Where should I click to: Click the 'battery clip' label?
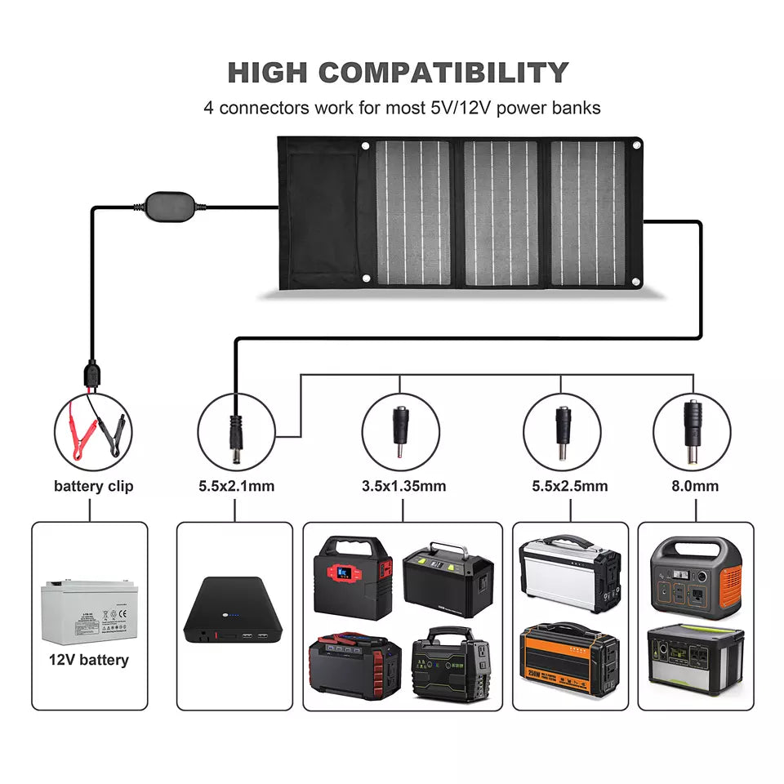coord(93,486)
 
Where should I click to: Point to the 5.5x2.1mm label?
coord(236,486)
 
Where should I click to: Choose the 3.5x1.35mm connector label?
coord(403,486)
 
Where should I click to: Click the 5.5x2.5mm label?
coord(569,486)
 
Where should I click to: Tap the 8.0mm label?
coord(696,486)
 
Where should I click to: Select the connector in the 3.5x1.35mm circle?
coord(400,430)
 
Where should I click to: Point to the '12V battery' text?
coord(89,660)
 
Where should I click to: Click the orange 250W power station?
coord(569,660)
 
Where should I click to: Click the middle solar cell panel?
coord(501,213)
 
